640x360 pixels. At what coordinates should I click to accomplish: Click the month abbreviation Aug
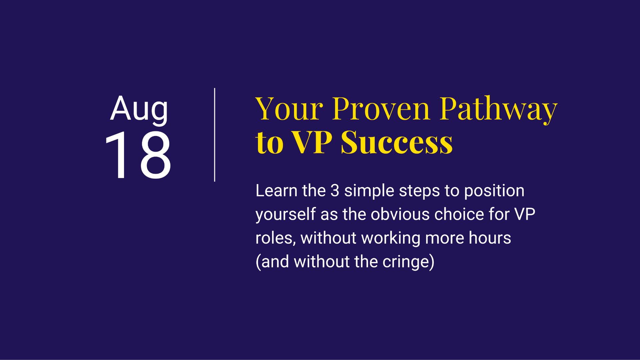(139, 109)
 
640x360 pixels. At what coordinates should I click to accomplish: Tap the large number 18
(138, 155)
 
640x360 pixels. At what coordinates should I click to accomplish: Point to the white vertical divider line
(215, 135)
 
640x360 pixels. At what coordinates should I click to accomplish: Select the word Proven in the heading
(381, 109)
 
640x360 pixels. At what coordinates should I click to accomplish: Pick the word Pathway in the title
(499, 110)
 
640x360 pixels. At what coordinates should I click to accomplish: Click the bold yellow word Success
(397, 143)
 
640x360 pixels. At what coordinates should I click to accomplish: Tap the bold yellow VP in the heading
(312, 143)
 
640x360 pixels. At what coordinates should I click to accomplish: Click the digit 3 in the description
(335, 191)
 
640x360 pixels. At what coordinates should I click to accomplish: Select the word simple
(369, 191)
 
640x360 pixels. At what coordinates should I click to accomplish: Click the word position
(494, 191)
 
